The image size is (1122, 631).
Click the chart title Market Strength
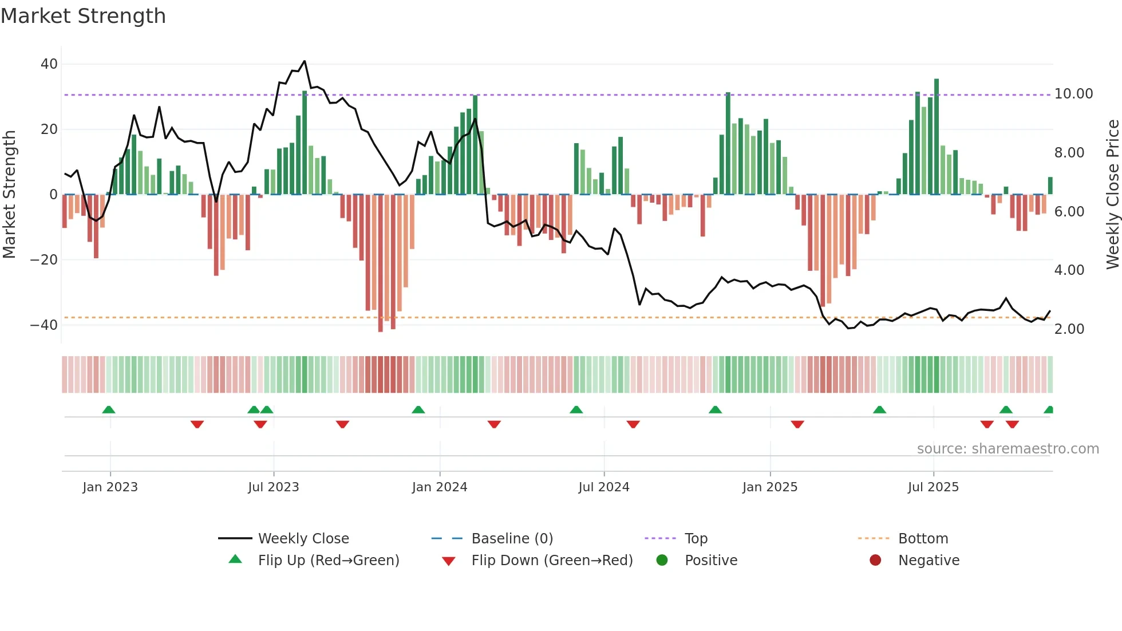pyautogui.click(x=83, y=16)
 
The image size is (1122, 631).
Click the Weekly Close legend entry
pyautogui.click(x=303, y=538)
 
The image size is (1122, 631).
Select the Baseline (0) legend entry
pyautogui.click(x=512, y=538)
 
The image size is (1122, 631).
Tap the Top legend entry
pyautogui.click(x=696, y=538)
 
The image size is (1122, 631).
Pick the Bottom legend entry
pyautogui.click(x=923, y=538)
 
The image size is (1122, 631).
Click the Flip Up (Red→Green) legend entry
pyautogui.click(x=328, y=560)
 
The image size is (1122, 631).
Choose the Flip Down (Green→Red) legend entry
pyautogui.click(x=552, y=560)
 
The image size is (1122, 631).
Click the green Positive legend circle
pyautogui.click(x=662, y=560)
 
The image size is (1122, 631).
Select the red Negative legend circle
pyautogui.click(x=875, y=560)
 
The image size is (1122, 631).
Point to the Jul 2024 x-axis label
pyautogui.click(x=603, y=487)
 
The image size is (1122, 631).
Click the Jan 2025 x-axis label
pyautogui.click(x=769, y=487)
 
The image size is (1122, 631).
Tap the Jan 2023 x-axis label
pyautogui.click(x=110, y=487)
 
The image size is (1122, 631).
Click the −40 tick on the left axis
pyautogui.click(x=44, y=325)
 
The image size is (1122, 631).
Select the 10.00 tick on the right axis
pyautogui.click(x=1073, y=93)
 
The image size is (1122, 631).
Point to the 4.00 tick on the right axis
pyautogui.click(x=1069, y=270)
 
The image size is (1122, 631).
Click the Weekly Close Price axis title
pyautogui.click(x=1112, y=194)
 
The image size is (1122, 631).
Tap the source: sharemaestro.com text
pyautogui.click(x=1008, y=448)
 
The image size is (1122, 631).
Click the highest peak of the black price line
pyautogui.click(x=305, y=61)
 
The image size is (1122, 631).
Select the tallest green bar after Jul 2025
pyautogui.click(x=937, y=80)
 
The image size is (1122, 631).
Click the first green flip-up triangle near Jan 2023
pyautogui.click(x=109, y=409)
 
